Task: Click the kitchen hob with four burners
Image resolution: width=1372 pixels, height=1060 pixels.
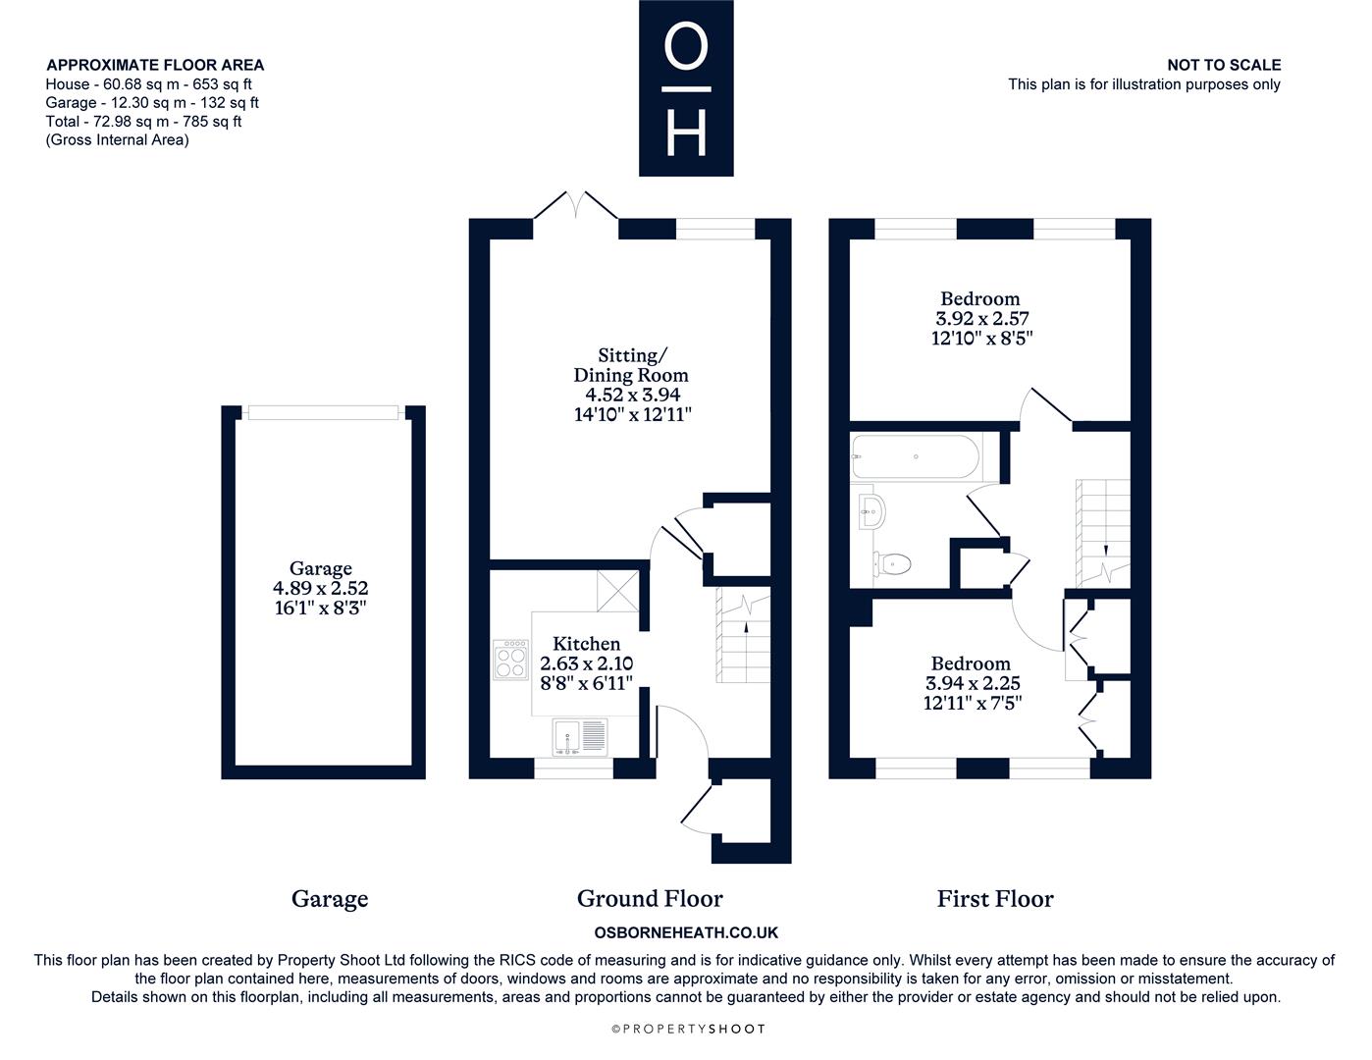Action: pos(510,660)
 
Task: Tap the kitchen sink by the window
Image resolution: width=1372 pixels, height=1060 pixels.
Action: pos(580,737)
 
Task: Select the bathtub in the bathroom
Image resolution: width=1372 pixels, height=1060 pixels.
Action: pos(916,456)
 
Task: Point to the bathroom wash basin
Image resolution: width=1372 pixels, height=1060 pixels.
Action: pos(871,511)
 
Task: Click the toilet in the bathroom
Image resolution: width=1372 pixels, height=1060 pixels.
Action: pos(891,563)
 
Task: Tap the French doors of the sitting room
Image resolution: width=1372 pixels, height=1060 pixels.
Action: pos(576,205)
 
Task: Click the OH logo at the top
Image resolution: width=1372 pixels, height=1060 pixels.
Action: pos(686,87)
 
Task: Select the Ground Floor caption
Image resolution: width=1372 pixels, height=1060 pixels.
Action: pos(650,899)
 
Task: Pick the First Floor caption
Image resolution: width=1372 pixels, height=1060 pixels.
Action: pos(995,899)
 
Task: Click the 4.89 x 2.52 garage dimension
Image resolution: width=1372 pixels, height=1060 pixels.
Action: pos(320,588)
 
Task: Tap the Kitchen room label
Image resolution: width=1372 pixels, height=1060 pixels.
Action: pos(587,644)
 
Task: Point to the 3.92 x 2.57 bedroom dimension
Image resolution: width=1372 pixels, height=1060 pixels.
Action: pos(982,318)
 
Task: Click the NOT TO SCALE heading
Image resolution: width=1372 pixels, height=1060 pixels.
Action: pos(1224,65)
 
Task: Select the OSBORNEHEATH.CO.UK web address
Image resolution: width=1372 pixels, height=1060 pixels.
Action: pos(686,932)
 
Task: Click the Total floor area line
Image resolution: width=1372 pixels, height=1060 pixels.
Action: pos(143,122)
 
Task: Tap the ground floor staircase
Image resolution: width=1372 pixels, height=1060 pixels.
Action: pos(743,635)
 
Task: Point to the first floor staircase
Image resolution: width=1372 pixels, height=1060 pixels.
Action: pos(1103,532)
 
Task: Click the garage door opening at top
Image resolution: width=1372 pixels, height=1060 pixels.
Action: pos(323,412)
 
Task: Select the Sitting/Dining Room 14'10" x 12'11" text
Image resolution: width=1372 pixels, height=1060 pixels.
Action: pos(633,415)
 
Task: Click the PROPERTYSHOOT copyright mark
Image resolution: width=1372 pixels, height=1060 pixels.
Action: pos(689,1029)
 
